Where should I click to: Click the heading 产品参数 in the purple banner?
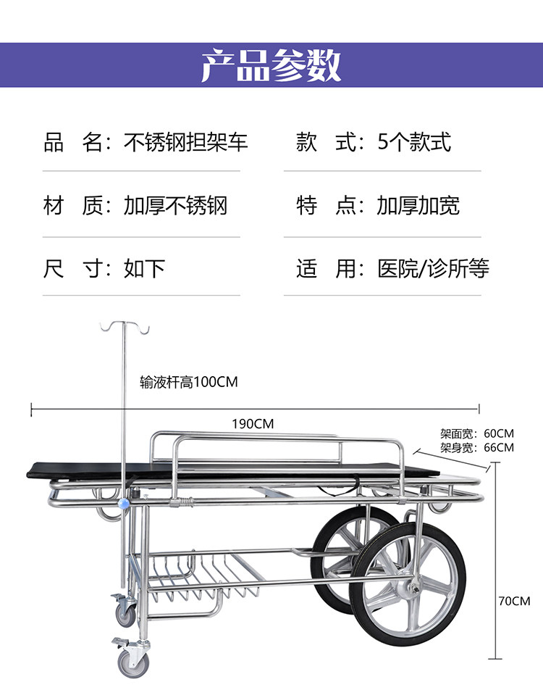(x=271, y=66)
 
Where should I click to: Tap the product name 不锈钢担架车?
(x=186, y=142)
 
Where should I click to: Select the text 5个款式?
(x=415, y=142)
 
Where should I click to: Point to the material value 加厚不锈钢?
(x=175, y=206)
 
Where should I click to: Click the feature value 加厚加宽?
(x=418, y=206)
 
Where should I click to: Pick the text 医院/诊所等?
(x=433, y=269)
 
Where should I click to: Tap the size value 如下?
(x=145, y=269)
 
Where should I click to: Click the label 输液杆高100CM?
(x=188, y=382)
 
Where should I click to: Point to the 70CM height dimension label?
(x=514, y=601)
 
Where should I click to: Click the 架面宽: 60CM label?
(x=477, y=434)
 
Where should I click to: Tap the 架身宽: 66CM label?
(x=477, y=447)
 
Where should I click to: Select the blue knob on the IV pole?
(x=125, y=502)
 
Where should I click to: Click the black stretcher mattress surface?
(x=217, y=470)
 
